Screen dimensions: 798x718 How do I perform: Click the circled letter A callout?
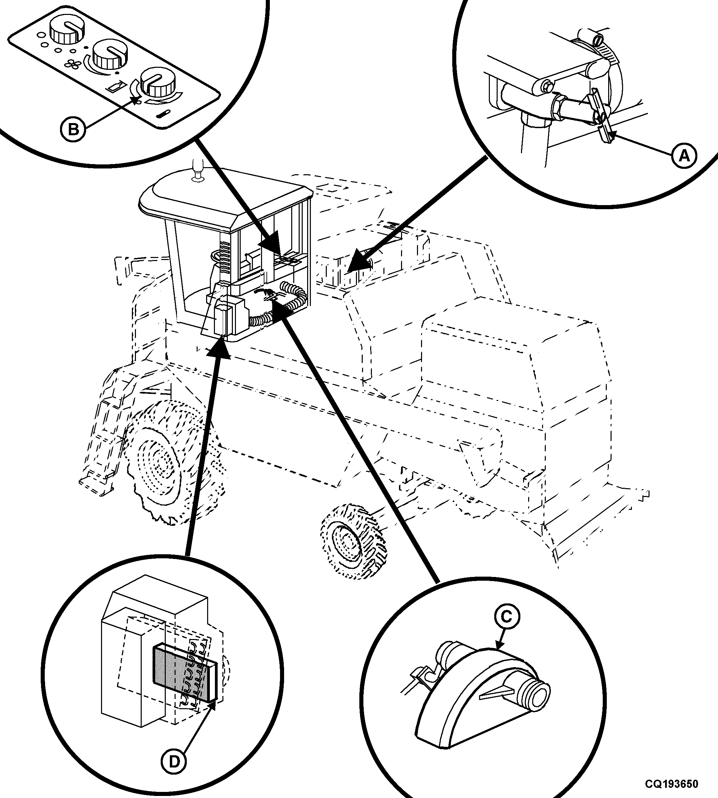684,156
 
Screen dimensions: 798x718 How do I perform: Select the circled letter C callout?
506,617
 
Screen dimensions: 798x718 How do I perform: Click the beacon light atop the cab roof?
197,171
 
